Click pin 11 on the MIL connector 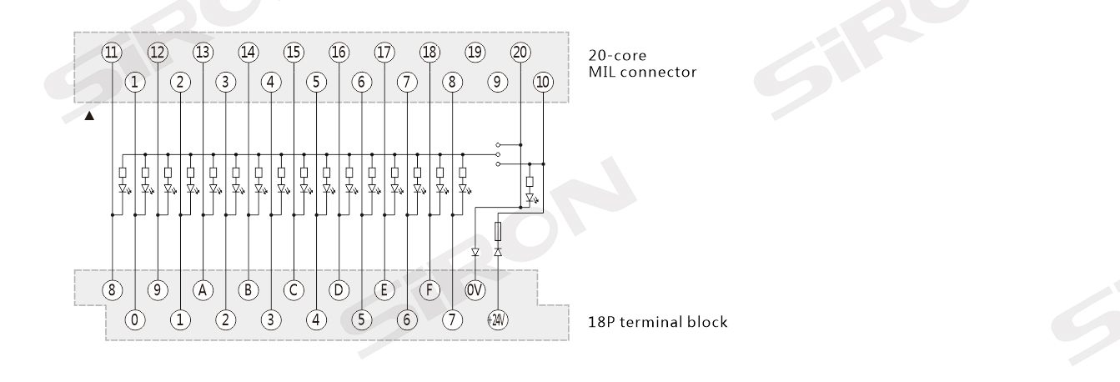click(112, 51)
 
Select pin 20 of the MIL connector click(520, 51)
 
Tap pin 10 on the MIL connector click(543, 82)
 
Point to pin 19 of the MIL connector click(475, 51)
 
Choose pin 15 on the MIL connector click(294, 51)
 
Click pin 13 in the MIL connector click(203, 51)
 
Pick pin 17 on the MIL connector click(384, 51)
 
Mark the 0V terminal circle click(475, 289)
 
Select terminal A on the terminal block click(203, 289)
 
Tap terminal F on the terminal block click(429, 289)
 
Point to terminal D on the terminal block click(339, 289)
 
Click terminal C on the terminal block click(294, 289)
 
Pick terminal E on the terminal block click(384, 289)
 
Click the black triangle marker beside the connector click(89, 116)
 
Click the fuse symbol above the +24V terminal click(498, 231)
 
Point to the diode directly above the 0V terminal click(475, 252)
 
